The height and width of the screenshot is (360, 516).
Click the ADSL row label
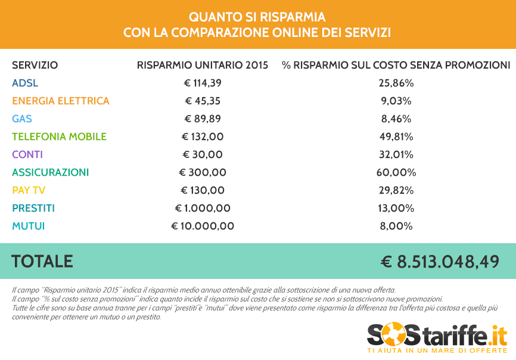[25, 83]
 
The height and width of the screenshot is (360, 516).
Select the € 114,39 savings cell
[203, 83]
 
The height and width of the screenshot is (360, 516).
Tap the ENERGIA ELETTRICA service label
[61, 101]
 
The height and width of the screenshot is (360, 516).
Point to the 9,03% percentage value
[396, 101]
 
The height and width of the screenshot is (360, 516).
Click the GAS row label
[22, 119]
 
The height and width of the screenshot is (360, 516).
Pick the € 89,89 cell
[203, 119]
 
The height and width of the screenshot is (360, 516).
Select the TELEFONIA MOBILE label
[59, 136]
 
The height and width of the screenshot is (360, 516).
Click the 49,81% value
[396, 136]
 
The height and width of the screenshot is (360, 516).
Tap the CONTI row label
[27, 154]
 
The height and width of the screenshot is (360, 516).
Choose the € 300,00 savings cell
[203, 172]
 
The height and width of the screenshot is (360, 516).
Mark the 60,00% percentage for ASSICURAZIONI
[396, 172]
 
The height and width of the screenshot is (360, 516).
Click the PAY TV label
[29, 190]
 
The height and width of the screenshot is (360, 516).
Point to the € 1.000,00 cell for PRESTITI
[203, 208]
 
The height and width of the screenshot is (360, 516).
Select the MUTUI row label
[28, 226]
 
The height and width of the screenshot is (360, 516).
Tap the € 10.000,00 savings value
[203, 226]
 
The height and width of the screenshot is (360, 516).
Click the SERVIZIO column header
[35, 65]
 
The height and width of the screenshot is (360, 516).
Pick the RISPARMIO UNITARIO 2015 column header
[203, 65]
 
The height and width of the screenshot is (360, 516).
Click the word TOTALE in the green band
[42, 261]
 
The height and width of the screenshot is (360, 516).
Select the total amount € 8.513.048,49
[440, 262]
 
